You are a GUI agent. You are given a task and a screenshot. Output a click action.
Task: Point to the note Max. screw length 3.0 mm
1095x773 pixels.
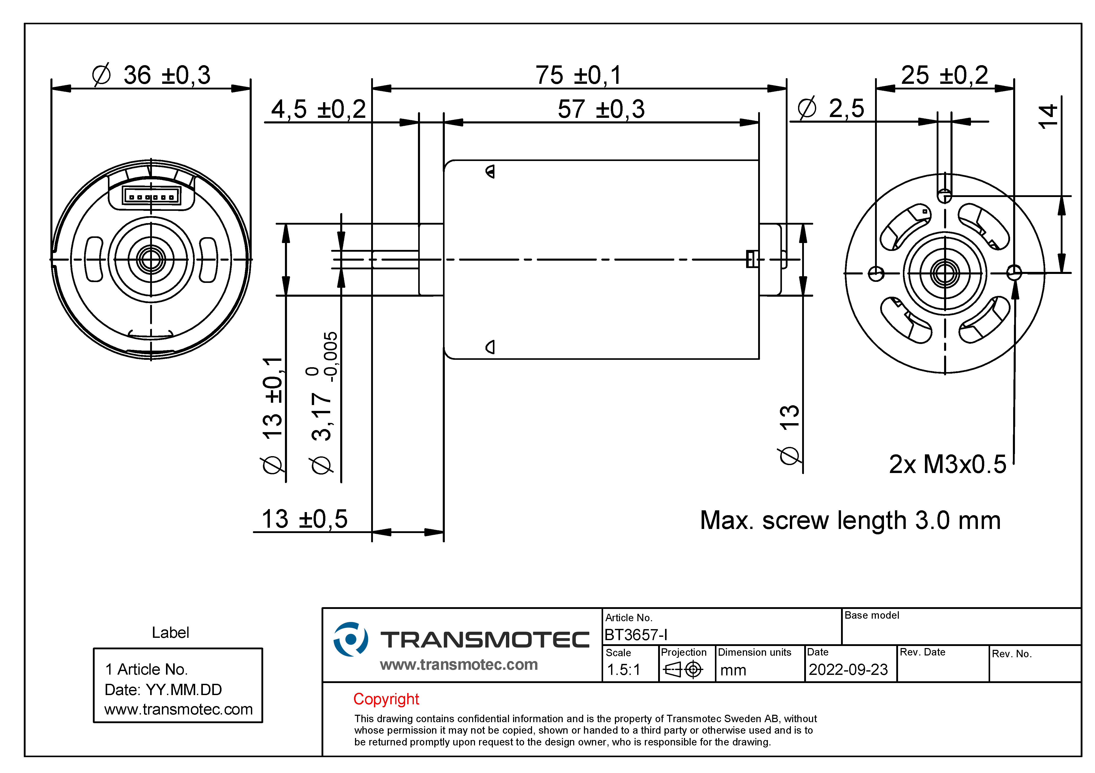coord(850,521)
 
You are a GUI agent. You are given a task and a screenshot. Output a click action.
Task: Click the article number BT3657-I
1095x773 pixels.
coord(636,635)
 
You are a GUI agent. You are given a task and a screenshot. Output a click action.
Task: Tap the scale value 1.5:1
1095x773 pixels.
coord(623,670)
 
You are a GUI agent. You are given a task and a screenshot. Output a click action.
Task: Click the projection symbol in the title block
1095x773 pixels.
coord(683,670)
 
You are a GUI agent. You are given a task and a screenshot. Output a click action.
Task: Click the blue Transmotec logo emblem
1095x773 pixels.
coord(350,639)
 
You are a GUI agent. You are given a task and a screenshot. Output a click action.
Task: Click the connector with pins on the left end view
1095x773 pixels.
coord(151,196)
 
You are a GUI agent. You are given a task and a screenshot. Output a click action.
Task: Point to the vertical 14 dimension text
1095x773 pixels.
coord(1047,116)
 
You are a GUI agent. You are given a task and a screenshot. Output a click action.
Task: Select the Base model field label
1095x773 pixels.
coord(872,615)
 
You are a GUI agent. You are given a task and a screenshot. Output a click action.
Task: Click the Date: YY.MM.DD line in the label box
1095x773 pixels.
coord(163,690)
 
